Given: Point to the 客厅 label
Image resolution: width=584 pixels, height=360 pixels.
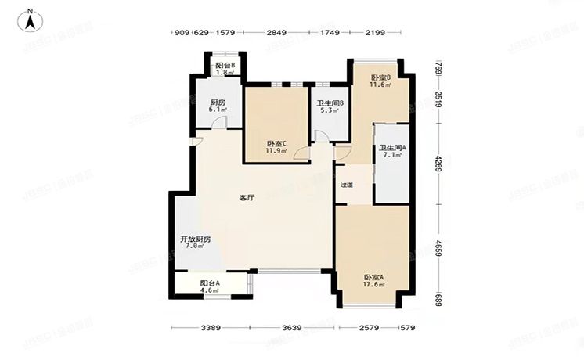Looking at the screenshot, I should [x=246, y=198].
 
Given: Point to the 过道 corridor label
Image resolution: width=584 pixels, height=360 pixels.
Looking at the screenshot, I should [x=346, y=185].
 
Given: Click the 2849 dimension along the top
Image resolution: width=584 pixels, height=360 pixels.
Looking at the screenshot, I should [x=276, y=33].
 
